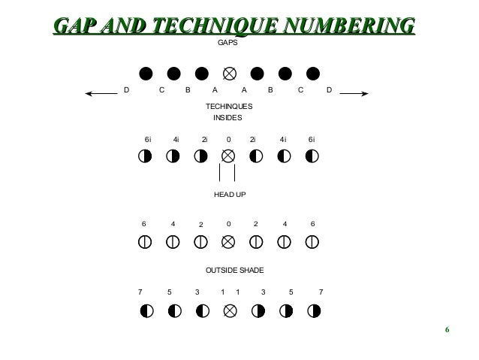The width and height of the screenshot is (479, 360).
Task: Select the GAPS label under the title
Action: pyautogui.click(x=227, y=44)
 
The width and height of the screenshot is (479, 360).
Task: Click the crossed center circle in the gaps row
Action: pyautogui.click(x=230, y=74)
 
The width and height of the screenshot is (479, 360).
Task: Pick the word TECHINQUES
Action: pyautogui.click(x=229, y=107)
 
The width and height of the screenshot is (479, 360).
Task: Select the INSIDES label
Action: pyautogui.click(x=228, y=118)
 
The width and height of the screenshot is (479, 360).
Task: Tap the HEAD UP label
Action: pyautogui.click(x=230, y=194)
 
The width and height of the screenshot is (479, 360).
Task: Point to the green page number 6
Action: pyautogui.click(x=447, y=331)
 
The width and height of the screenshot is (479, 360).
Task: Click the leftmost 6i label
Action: pyautogui.click(x=148, y=139)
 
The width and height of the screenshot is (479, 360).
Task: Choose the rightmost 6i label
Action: pyautogui.click(x=312, y=139)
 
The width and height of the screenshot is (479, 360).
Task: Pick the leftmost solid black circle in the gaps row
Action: pyautogui.click(x=146, y=74)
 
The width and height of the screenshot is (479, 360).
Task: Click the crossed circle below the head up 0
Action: pyautogui.click(x=229, y=242)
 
